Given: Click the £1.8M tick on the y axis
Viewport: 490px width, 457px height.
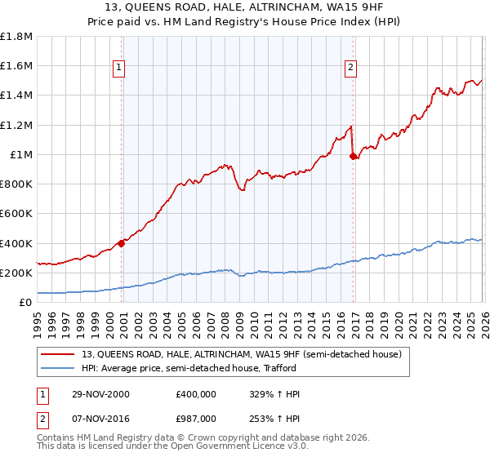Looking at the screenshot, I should (18, 37).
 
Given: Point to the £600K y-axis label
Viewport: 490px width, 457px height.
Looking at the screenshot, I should (18, 214).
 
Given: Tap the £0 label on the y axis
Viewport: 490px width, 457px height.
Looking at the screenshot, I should (26, 303).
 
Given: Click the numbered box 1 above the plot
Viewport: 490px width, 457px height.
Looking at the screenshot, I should (119, 68).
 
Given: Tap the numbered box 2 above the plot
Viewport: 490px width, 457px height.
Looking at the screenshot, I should (350, 68).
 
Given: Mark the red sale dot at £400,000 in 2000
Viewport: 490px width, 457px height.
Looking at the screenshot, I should (122, 242).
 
